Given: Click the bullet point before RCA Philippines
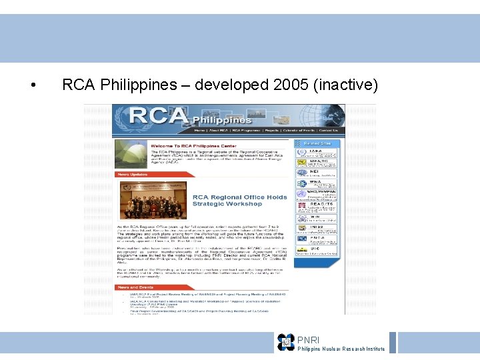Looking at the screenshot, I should [33, 86].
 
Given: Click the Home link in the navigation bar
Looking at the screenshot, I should [199, 131].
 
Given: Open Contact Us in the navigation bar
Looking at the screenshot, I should [328, 131].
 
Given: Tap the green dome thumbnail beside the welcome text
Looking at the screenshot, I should [131, 155].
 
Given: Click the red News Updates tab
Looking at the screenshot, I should [133, 175].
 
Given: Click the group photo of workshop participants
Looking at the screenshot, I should [153, 201].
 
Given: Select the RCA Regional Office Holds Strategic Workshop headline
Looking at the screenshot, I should [239, 201].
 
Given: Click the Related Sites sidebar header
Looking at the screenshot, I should [318, 143].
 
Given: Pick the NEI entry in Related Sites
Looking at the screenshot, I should [317, 173].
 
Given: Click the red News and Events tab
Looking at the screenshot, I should [136, 287].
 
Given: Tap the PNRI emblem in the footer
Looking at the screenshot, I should [286, 342].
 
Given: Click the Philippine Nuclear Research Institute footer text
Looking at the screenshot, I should [341, 349].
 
